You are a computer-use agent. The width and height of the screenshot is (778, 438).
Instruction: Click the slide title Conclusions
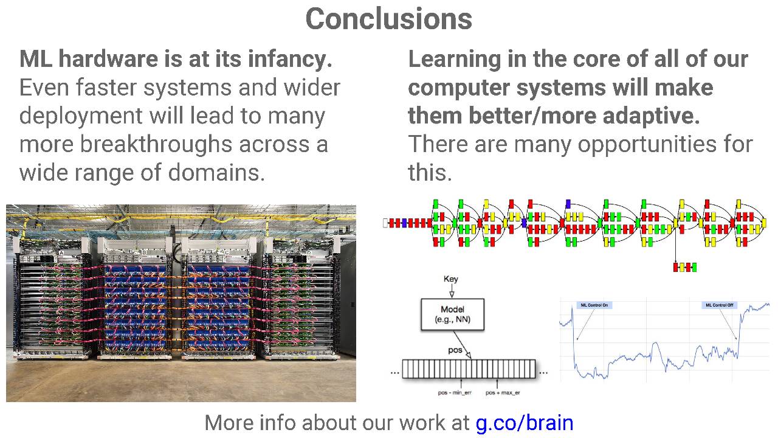pyautogui.click(x=388, y=19)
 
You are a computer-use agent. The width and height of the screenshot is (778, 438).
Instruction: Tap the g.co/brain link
pyautogui.click(x=525, y=422)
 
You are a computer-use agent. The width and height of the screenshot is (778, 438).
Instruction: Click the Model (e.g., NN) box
pyautogui.click(x=452, y=314)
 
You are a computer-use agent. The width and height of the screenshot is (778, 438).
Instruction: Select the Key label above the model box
pyautogui.click(x=451, y=279)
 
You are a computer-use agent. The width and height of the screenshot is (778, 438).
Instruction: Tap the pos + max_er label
pyautogui.click(x=502, y=393)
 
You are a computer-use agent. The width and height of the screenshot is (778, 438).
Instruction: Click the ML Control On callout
pyautogui.click(x=594, y=305)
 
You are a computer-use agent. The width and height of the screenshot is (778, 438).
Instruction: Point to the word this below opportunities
pyautogui.click(x=430, y=173)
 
